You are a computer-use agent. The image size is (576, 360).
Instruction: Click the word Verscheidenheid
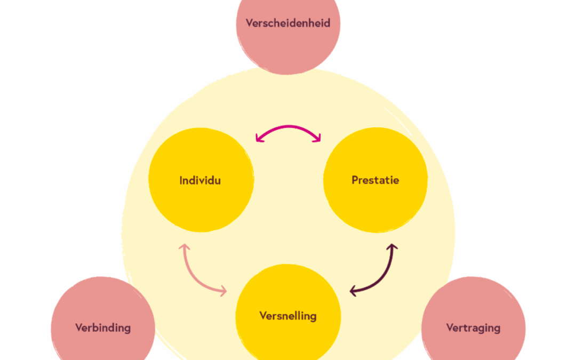click(x=287, y=23)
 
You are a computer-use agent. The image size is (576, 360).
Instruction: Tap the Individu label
click(x=200, y=180)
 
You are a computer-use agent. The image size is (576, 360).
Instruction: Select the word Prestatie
click(x=375, y=180)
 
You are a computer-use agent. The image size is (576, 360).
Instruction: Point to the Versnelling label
click(x=288, y=316)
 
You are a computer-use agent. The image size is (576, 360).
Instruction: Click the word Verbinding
click(x=103, y=327)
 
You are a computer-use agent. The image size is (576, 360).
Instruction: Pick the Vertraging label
click(x=473, y=327)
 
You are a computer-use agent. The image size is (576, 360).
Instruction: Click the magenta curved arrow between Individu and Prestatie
click(x=288, y=127)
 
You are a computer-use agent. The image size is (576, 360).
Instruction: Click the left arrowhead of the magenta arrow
click(x=259, y=139)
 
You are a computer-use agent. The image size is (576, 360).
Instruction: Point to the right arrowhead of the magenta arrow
click(x=317, y=139)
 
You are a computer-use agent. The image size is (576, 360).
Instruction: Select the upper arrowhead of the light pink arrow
click(x=184, y=248)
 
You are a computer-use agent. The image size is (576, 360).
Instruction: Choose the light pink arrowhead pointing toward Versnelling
click(x=222, y=291)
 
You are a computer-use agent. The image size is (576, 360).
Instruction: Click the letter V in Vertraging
click(x=450, y=327)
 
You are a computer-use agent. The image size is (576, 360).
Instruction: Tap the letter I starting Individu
click(x=181, y=180)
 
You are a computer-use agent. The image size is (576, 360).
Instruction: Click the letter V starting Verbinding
click(x=78, y=327)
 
